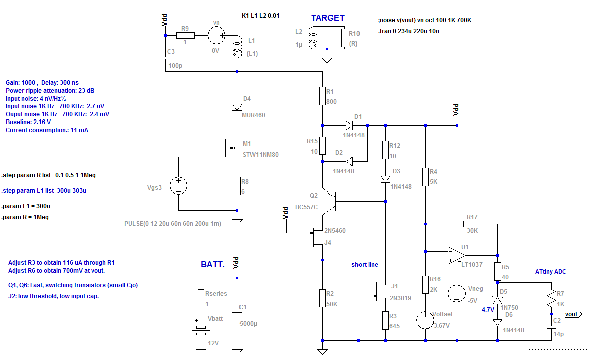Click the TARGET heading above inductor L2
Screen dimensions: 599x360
coord(328,18)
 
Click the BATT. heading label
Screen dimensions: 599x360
coord(213,265)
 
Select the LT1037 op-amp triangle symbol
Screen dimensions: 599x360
coord(457,255)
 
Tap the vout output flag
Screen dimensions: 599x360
coord(573,314)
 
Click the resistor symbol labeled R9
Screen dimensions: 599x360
coord(185,36)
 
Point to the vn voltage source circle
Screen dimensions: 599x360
coord(216,36)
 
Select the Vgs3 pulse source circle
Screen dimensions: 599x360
coord(178,186)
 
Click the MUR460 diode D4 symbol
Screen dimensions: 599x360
coord(237,107)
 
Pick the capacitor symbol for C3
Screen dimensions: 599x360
coord(165,58)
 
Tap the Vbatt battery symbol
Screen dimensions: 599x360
coord(201,329)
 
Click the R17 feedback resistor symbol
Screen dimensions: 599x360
coord(472,224)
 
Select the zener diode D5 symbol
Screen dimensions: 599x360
coord(498,300)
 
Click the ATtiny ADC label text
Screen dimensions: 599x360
coord(550,272)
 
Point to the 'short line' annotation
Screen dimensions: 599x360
coord(365,265)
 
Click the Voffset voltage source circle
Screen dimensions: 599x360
coord(426,320)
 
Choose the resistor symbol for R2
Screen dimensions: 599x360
coord(322,298)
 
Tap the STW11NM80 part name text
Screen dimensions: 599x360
coord(261,155)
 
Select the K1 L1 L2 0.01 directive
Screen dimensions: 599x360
coord(261,16)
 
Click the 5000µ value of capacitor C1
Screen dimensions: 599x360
coord(249,324)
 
